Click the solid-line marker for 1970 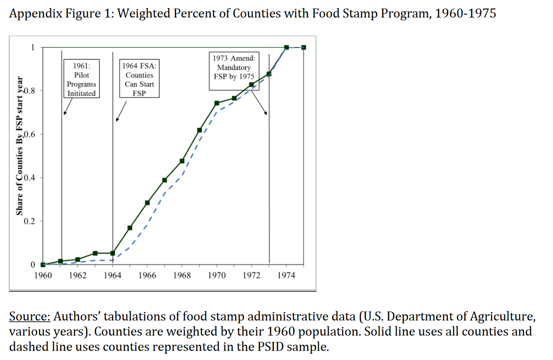click(x=217, y=103)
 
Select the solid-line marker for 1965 click(x=130, y=228)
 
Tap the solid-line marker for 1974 click(x=286, y=47)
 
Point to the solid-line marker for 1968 click(x=182, y=161)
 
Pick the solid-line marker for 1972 click(x=251, y=85)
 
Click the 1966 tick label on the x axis click(x=147, y=275)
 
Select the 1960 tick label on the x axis click(x=43, y=275)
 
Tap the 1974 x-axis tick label click(x=286, y=275)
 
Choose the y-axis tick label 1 click(x=33, y=47)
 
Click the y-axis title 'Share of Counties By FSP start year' click(x=20, y=146)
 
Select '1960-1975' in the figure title click(x=465, y=13)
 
